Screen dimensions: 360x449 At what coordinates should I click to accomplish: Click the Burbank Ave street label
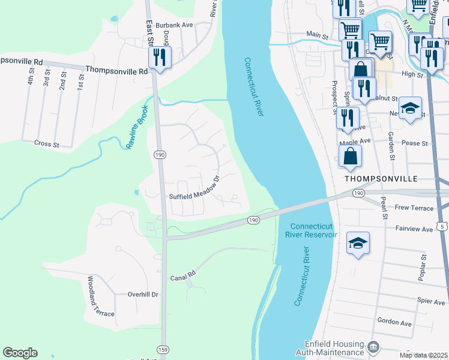pos(174,25)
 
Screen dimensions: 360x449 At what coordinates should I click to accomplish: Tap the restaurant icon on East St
pos(160,58)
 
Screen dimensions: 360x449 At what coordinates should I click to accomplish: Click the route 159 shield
pos(163,349)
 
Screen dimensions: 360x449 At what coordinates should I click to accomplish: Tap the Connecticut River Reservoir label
pos(313,230)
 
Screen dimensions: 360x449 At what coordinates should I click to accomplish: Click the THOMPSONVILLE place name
pos(381,179)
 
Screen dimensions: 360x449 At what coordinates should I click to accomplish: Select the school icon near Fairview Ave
pos(358,243)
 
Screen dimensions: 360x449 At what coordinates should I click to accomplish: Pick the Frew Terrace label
pos(414,207)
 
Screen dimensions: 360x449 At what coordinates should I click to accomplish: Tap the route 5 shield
pos(442,226)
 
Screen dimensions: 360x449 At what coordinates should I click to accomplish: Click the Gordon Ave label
pos(394,323)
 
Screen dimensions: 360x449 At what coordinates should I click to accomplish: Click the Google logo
pos(20,353)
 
